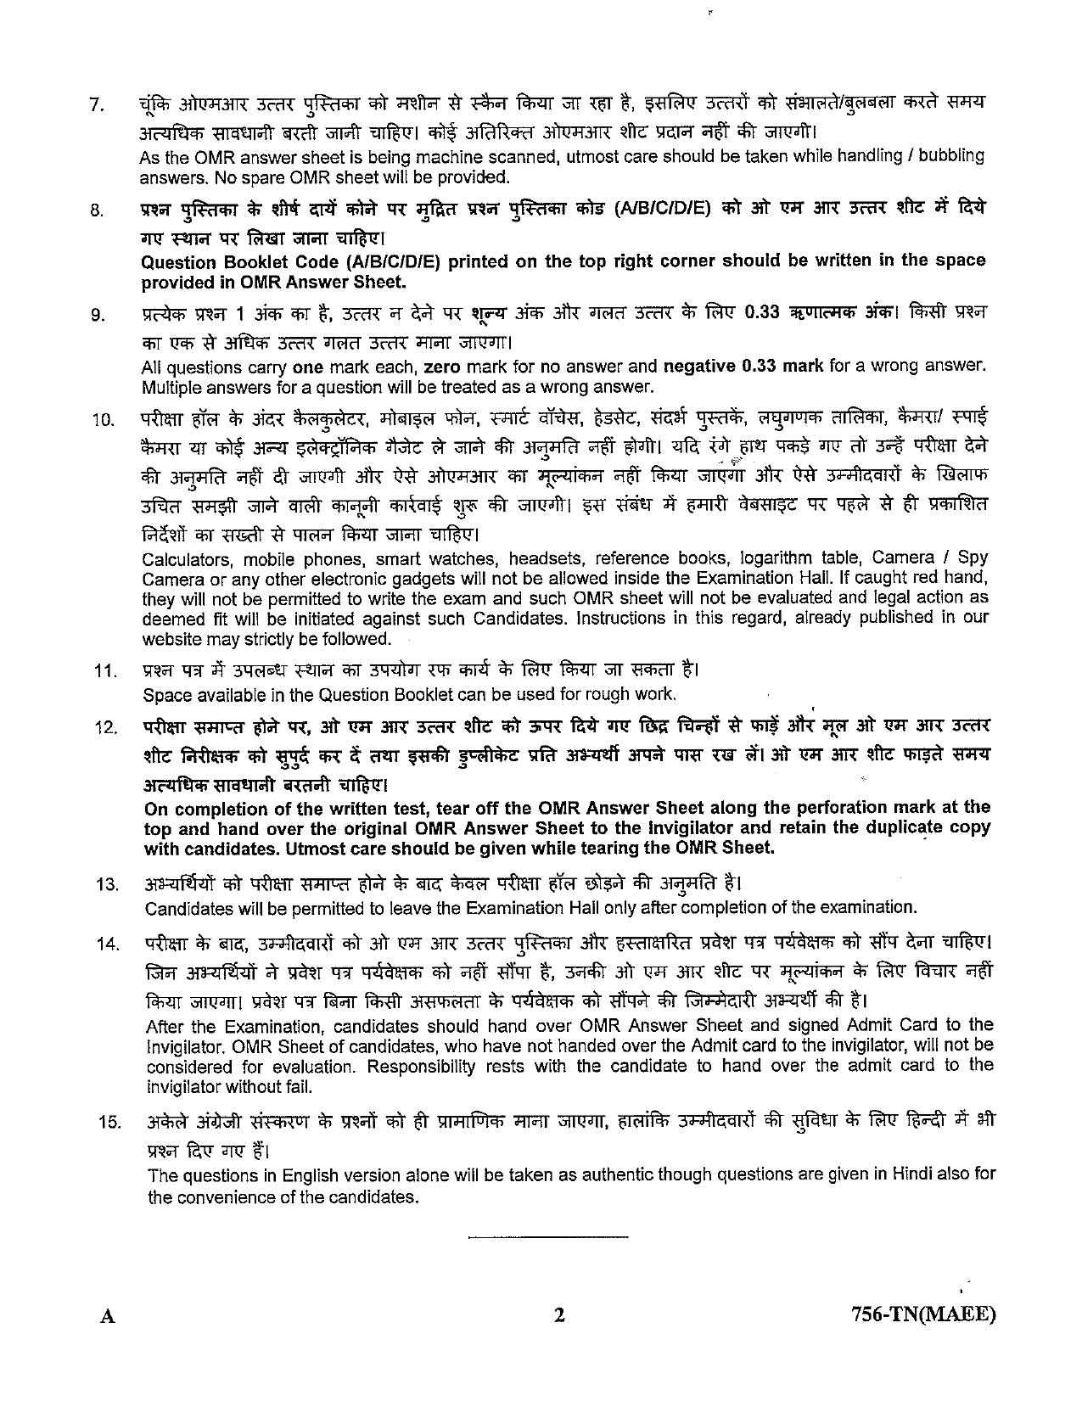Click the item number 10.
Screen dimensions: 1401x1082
pos(102,420)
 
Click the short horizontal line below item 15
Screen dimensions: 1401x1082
pos(547,1236)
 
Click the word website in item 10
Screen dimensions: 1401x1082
pos(170,638)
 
